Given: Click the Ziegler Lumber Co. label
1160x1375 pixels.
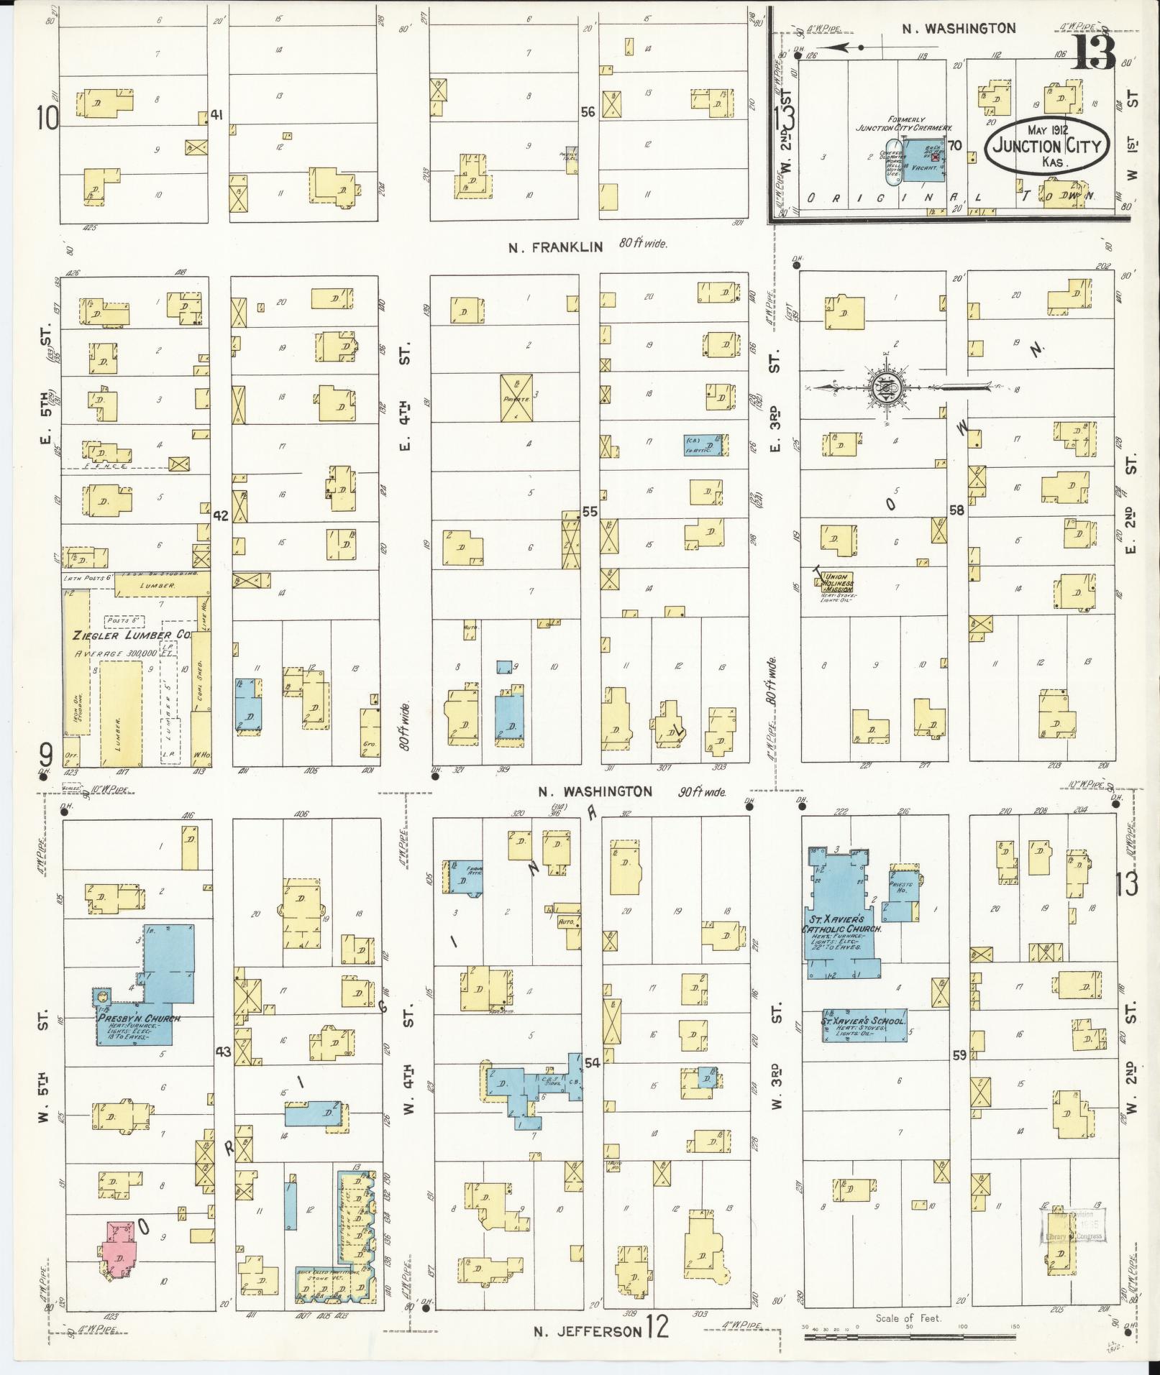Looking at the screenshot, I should pos(131,635).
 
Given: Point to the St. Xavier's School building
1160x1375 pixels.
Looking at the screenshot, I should pos(863,1026).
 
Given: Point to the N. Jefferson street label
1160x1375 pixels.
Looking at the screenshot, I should pos(588,1331).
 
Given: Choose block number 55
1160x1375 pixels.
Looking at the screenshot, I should pos(590,512).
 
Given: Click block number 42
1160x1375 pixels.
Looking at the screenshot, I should pos(221,515).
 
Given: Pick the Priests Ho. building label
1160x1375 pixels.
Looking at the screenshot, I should pos(901,886).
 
